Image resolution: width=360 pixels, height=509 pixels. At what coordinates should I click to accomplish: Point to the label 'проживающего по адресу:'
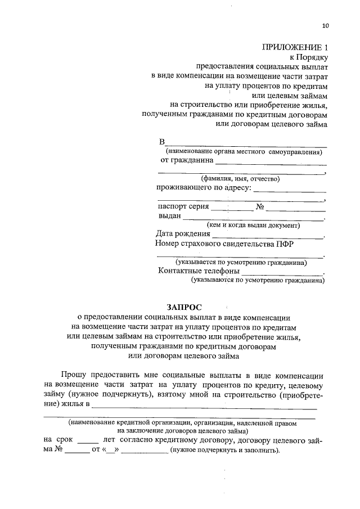(x=202, y=187)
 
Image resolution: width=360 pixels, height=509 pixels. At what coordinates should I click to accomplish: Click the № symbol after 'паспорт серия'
(x=260, y=206)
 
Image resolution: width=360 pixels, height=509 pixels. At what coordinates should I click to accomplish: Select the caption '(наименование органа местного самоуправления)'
(x=244, y=151)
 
